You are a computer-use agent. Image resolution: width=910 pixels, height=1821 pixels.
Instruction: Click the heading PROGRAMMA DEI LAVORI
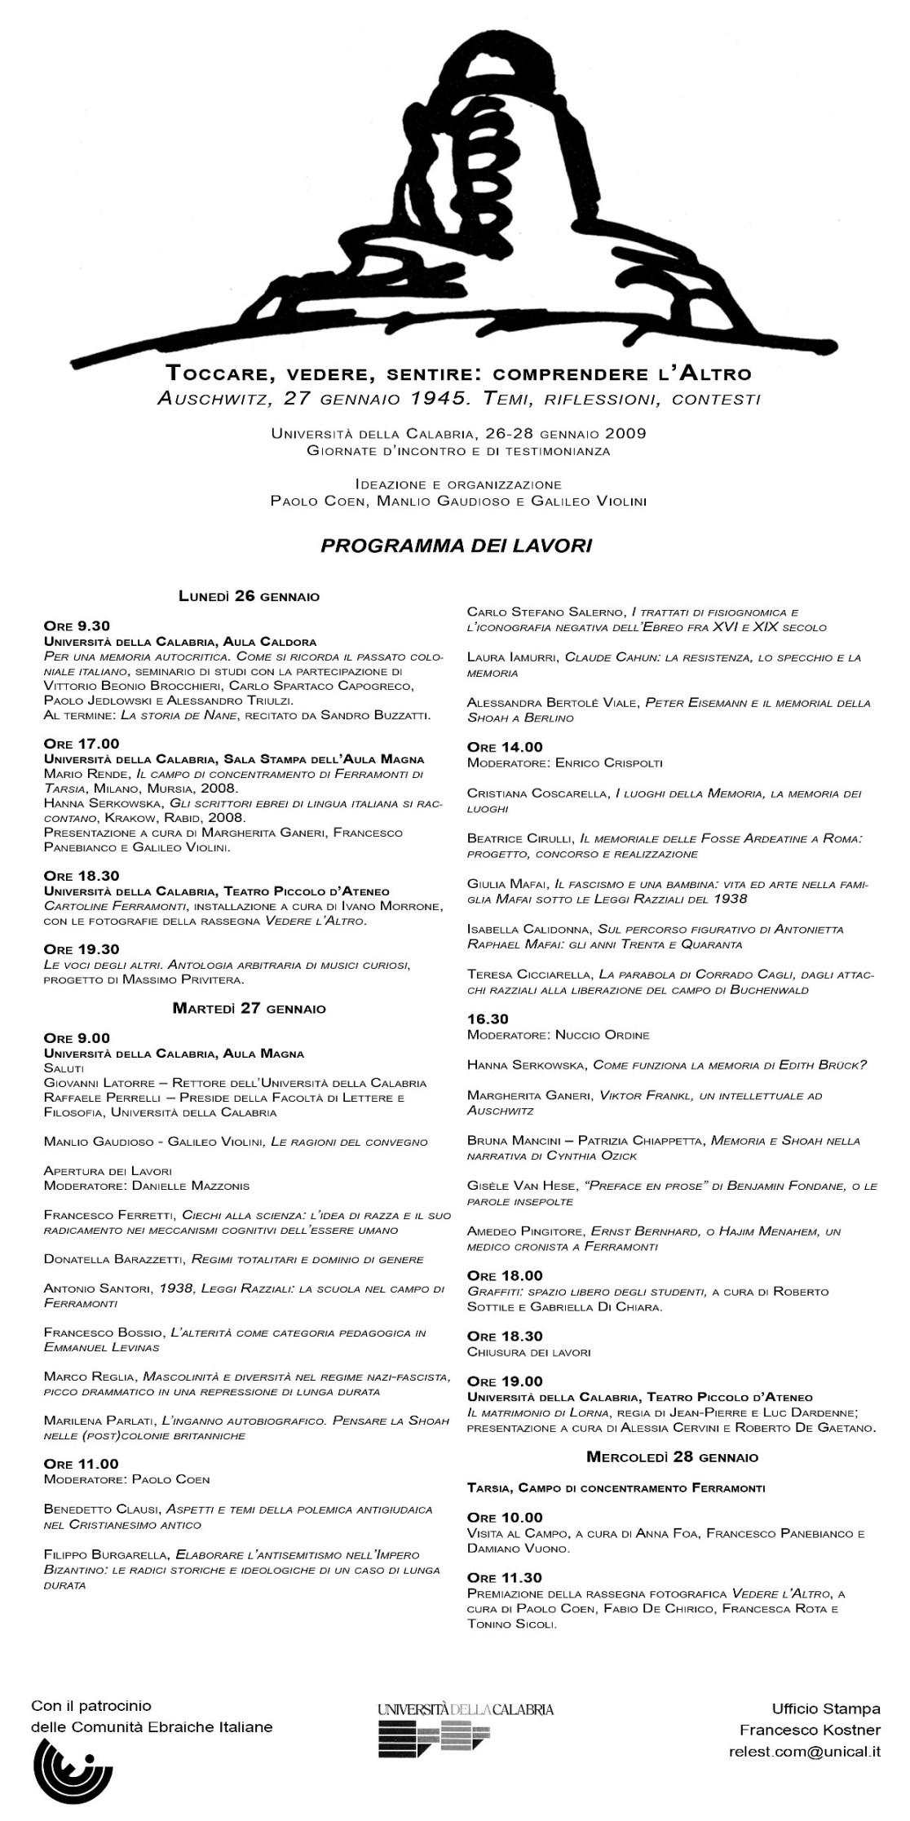point(456,546)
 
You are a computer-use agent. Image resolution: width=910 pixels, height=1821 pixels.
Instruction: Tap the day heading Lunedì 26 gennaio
point(249,596)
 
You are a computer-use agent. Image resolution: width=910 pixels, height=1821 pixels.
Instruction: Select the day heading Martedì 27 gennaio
point(249,1009)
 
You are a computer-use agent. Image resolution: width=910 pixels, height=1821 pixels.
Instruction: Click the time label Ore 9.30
point(77,626)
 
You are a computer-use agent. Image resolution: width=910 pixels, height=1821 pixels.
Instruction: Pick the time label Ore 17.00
point(82,743)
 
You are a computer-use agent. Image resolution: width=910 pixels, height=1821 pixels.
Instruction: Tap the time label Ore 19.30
point(82,949)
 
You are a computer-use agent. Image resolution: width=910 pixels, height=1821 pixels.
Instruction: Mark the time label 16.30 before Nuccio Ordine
point(488,1019)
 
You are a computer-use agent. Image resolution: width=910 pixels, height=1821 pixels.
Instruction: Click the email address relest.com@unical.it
point(804,1751)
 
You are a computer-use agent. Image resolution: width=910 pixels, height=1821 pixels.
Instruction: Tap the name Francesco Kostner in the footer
point(810,1729)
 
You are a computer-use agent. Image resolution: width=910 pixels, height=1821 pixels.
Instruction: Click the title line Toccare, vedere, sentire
point(458,374)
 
